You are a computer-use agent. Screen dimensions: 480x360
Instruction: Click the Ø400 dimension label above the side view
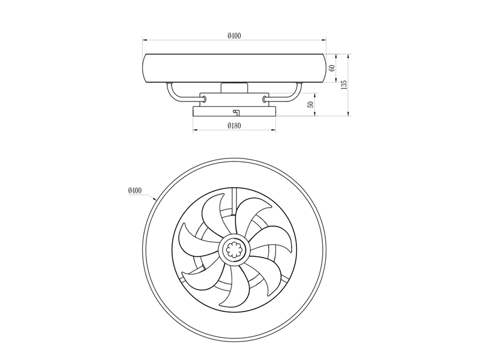pos(234,36)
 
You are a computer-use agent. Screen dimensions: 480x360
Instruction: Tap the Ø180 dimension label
pos(234,125)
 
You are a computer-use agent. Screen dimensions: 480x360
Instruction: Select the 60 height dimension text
pos(332,68)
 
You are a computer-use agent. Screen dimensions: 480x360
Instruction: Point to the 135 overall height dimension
pos(344,85)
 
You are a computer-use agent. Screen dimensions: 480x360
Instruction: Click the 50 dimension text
pos(310,104)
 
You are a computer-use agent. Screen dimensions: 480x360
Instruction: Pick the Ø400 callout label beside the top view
pos(135,190)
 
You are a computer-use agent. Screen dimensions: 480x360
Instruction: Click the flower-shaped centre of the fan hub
pos(234,250)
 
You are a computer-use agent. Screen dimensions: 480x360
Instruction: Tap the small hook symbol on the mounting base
pos(236,112)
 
